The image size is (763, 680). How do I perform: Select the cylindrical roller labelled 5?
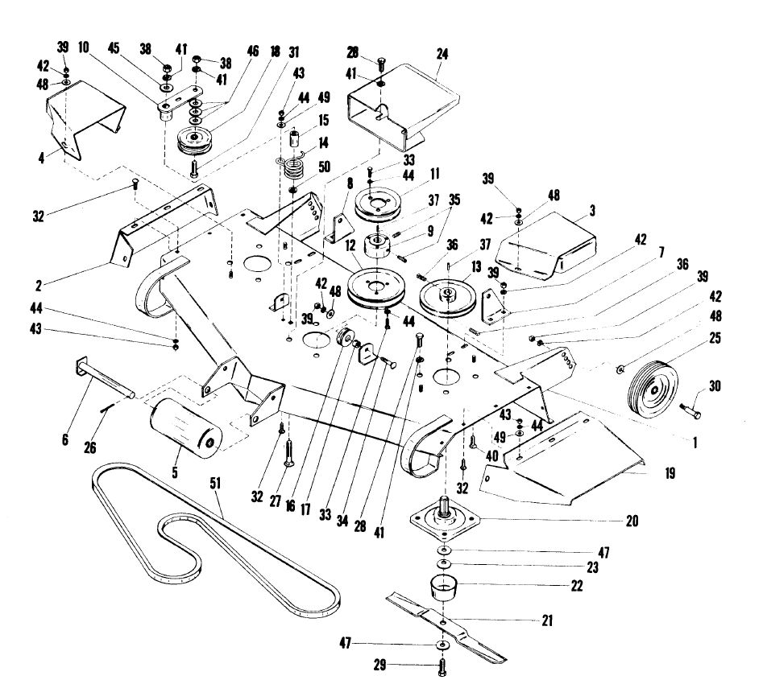(x=185, y=422)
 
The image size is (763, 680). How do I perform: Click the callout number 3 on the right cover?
(x=614, y=210)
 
